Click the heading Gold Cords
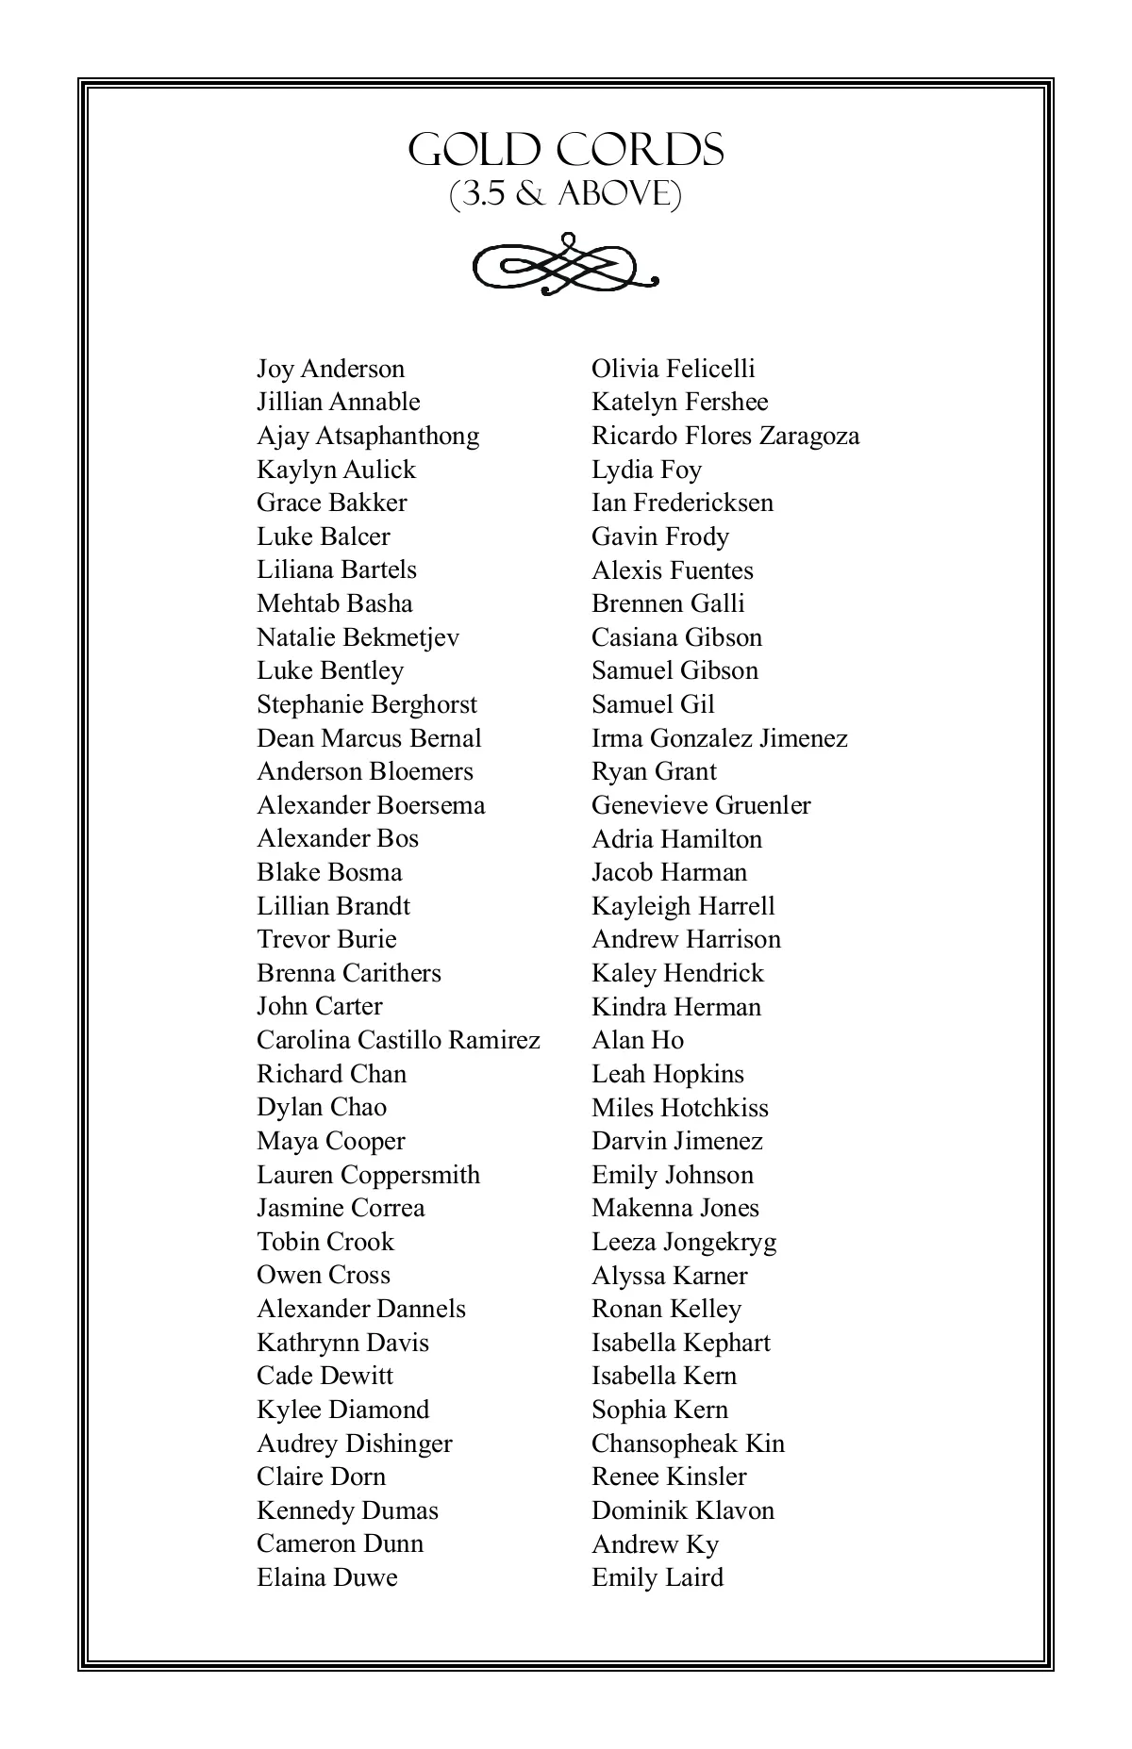coord(566,151)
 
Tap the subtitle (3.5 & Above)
coord(565,194)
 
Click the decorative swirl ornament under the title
coord(565,263)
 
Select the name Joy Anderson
coord(330,369)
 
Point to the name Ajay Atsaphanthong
coord(368,437)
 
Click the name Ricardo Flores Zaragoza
coord(725,437)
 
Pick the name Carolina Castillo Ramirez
coord(398,1040)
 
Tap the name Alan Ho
coord(638,1040)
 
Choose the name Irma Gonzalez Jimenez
coord(720,738)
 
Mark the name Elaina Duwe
coord(327,1577)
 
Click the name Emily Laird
coord(658,1577)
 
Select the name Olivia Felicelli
coord(674,369)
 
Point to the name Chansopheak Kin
coord(688,1444)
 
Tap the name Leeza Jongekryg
coord(684,1242)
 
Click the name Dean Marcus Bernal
coord(369,738)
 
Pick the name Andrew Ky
coord(655,1544)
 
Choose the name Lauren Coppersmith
coord(368,1175)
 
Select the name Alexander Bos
coord(338,838)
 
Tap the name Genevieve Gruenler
coord(701,805)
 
